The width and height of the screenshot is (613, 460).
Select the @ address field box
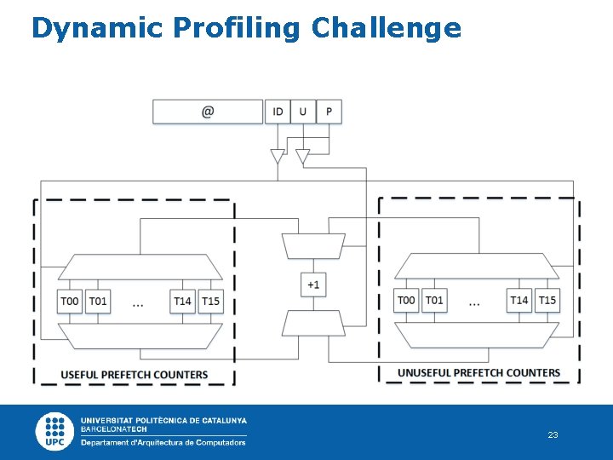(208, 112)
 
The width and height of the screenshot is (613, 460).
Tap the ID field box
(278, 112)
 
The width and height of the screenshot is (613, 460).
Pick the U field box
(303, 112)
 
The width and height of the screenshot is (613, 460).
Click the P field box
(329, 112)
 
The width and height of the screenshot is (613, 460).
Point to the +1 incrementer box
(313, 285)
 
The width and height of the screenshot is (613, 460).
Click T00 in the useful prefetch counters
(70, 302)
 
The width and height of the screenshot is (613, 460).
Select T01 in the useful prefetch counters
(98, 302)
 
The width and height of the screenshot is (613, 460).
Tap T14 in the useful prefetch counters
(182, 302)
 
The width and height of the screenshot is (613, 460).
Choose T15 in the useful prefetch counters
(210, 302)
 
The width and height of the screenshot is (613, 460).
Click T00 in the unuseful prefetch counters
(407, 300)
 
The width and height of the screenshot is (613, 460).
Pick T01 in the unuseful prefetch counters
(434, 300)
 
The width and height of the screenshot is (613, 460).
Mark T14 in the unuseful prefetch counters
(519, 300)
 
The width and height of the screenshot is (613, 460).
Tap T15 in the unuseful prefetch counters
(547, 300)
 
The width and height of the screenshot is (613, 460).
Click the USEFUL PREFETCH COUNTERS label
(135, 375)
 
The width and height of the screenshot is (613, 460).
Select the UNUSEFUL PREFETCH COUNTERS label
(478, 373)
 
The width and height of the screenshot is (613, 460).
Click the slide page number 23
(553, 435)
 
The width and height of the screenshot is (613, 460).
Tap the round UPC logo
(55, 431)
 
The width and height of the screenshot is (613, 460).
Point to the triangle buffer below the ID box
(278, 157)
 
